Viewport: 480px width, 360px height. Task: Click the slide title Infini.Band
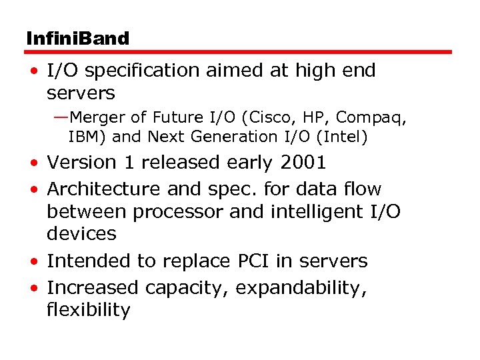[x=77, y=38]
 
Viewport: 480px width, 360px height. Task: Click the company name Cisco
[x=269, y=117]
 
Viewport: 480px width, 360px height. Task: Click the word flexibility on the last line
[x=88, y=310]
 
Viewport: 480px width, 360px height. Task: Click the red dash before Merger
[x=61, y=118]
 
